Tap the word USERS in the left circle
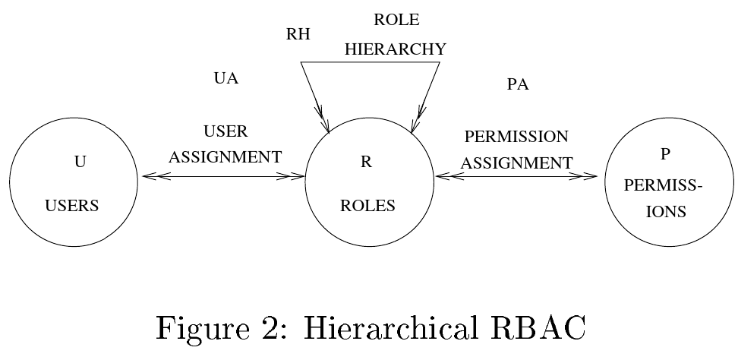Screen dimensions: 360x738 click(x=73, y=206)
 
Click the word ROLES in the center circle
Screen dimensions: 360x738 click(x=368, y=206)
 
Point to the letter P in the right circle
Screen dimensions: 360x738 click(x=665, y=154)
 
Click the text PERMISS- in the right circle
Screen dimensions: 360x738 click(x=667, y=186)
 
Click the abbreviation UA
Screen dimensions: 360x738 click(x=226, y=78)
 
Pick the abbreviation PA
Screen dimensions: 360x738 click(x=517, y=84)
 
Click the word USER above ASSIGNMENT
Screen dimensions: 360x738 click(x=226, y=131)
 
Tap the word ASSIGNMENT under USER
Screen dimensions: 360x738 click(x=225, y=157)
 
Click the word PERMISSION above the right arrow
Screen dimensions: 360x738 click(x=516, y=137)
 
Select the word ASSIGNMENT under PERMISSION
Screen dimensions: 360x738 click(x=517, y=163)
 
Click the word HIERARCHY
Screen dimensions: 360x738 click(x=395, y=49)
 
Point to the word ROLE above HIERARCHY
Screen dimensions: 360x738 click(x=396, y=21)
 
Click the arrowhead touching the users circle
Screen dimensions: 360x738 click(x=150, y=177)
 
